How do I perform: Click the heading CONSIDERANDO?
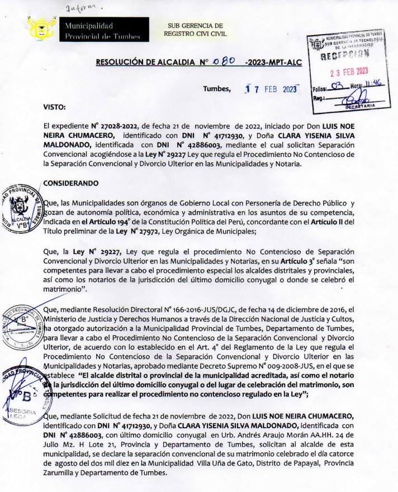click(x=70, y=182)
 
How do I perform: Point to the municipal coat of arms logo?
click(x=41, y=28)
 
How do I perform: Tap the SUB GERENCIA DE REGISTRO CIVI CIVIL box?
click(x=196, y=30)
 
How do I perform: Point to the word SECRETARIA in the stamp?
click(x=364, y=104)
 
